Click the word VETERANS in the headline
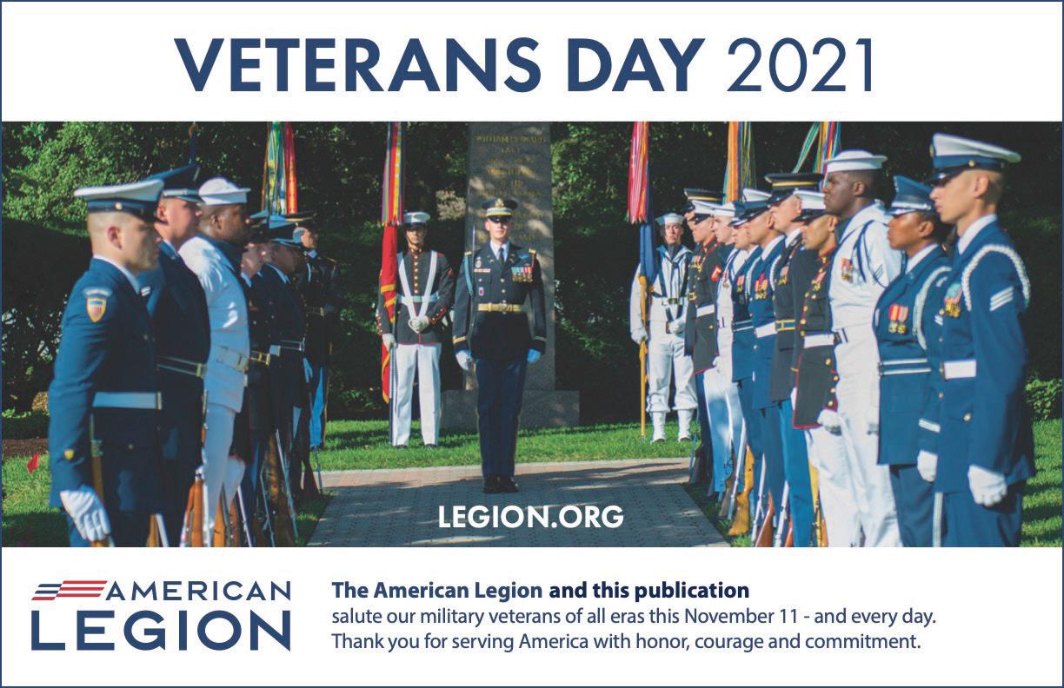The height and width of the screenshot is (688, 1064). tap(357, 64)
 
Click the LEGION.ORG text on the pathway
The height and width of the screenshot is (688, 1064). tap(530, 517)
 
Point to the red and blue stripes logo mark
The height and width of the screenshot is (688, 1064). tap(70, 589)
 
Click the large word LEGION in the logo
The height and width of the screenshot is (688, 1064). tap(161, 631)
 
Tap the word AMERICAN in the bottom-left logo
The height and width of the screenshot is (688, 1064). tap(197, 591)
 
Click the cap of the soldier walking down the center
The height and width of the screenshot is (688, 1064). tap(499, 208)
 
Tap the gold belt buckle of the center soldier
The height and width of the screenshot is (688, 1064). tap(500, 308)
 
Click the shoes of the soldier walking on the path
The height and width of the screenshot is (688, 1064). tap(500, 484)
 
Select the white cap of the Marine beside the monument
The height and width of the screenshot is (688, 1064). tap(416, 218)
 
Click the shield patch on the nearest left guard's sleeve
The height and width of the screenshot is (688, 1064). tap(96, 308)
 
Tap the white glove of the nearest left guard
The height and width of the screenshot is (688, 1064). tap(86, 513)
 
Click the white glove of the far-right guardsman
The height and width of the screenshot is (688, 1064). tap(987, 486)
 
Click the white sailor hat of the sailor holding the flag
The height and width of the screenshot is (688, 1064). tap(669, 219)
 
